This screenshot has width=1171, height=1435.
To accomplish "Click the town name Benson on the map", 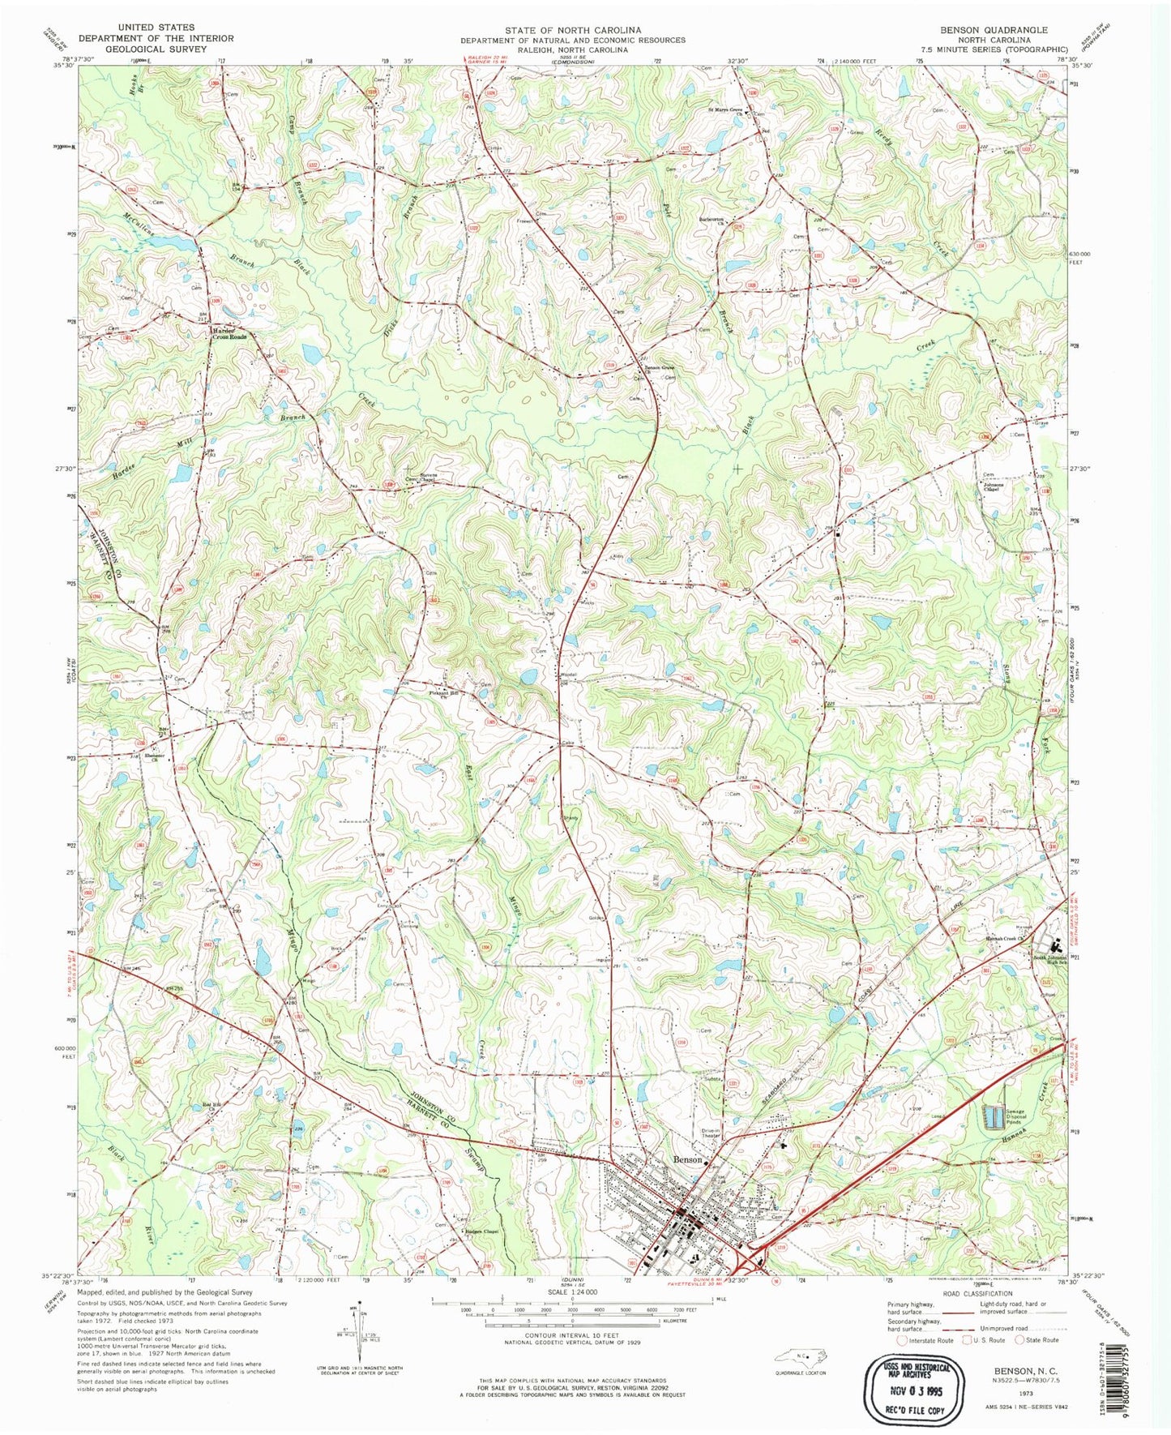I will (687, 1159).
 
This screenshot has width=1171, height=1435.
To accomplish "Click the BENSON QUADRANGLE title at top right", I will (994, 29).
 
